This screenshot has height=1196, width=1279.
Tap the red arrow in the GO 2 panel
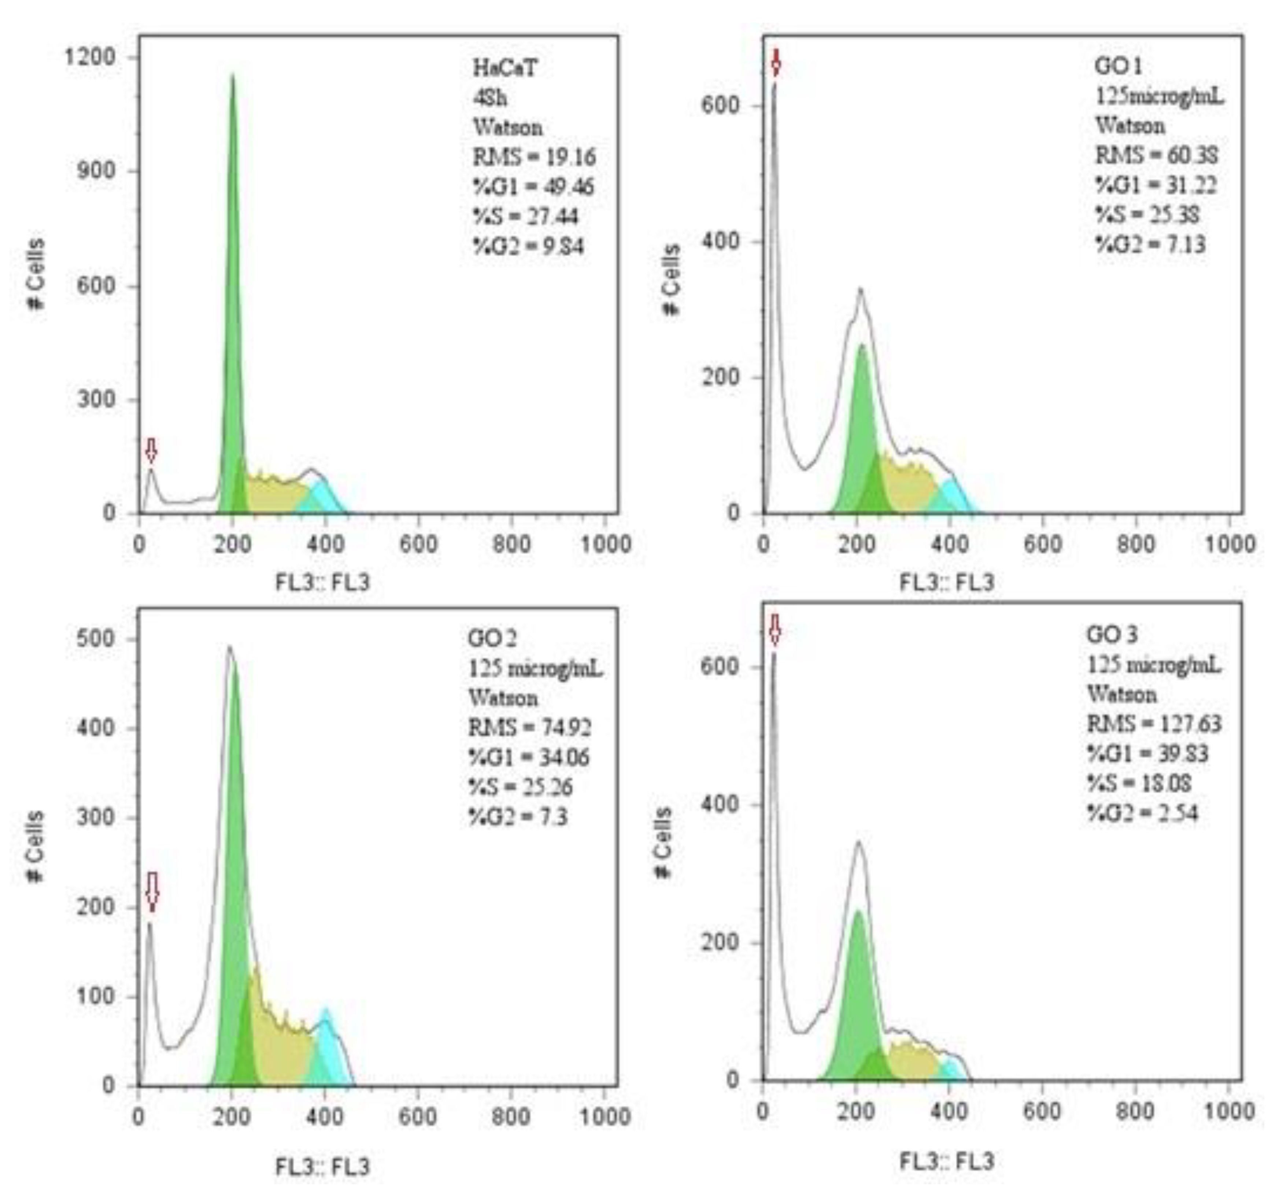click(x=152, y=891)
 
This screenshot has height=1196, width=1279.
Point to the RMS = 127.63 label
click(x=1154, y=724)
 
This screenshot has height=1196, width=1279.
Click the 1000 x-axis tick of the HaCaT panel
click(x=605, y=544)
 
